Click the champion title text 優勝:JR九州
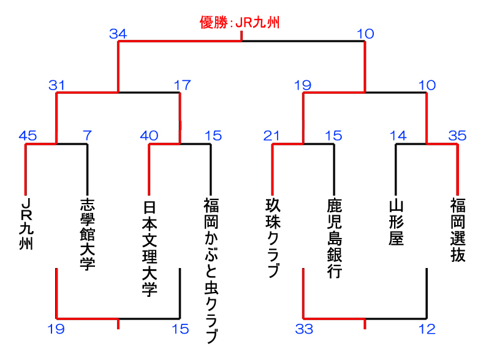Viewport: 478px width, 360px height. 240,23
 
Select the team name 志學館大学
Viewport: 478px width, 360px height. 88,234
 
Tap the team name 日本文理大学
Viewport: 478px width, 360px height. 150,246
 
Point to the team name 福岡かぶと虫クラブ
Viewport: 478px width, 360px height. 211,270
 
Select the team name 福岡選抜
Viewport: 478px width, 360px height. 457,229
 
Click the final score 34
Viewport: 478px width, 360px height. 118,34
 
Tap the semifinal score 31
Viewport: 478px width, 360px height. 57,85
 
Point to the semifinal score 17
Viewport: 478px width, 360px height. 182,85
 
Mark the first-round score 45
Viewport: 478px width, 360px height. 28,136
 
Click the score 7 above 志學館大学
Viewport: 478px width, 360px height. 87,136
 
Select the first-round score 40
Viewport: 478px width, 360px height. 150,136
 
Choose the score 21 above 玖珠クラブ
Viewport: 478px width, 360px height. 273,136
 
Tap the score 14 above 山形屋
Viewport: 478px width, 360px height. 398,136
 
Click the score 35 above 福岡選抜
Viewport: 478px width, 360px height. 457,136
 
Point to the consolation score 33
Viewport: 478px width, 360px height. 304,329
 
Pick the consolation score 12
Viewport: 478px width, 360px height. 427,329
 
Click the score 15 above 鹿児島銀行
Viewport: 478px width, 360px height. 333,136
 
